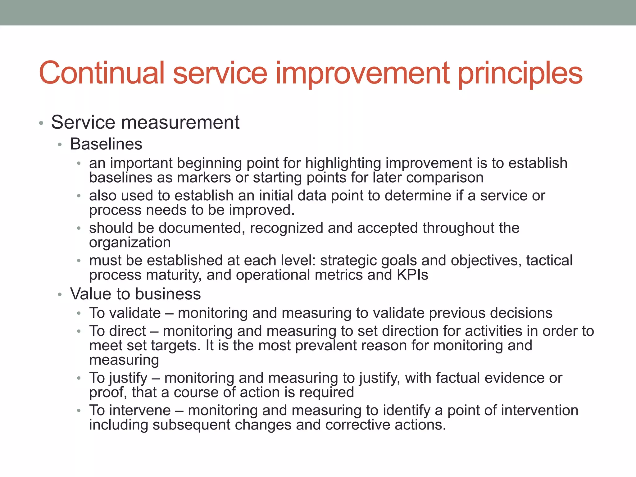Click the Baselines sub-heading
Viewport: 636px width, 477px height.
pos(106,144)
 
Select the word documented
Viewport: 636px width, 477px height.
pos(200,228)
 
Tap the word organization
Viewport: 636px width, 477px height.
pos(130,243)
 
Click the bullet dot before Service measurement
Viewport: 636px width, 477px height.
pos(41,123)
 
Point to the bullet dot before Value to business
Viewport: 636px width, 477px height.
pos(60,295)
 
